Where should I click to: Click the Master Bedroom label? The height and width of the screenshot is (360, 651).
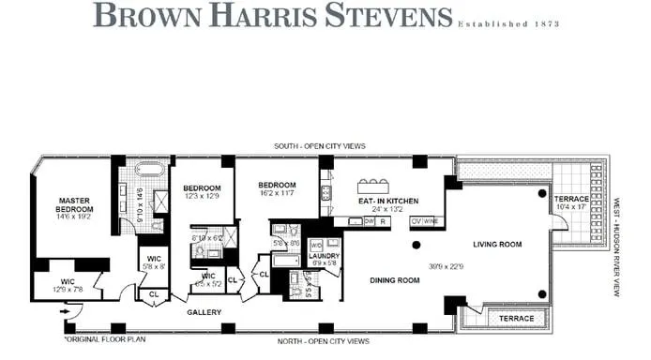73,204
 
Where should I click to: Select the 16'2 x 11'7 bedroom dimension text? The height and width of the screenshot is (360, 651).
277,193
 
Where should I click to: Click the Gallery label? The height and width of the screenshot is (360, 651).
204,311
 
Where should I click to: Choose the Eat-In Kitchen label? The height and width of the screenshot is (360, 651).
386,202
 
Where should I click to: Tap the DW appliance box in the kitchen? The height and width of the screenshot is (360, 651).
342,221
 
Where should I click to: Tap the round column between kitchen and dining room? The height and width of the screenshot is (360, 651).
416,245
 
